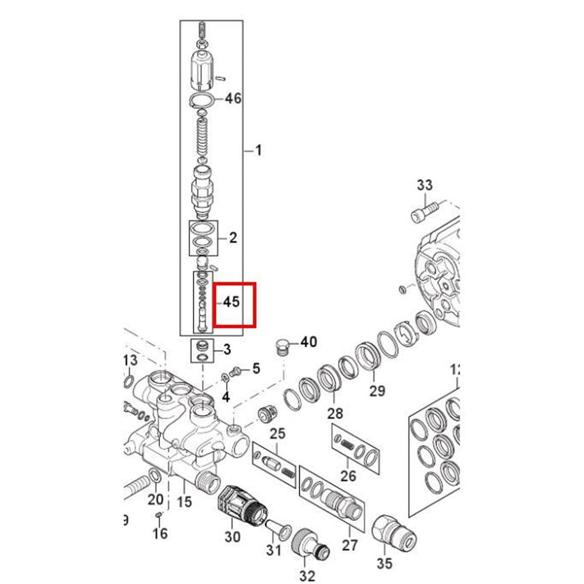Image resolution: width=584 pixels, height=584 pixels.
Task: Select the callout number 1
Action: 258,151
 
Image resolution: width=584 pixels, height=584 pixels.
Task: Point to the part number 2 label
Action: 233,238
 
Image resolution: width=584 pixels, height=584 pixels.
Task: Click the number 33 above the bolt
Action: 425,186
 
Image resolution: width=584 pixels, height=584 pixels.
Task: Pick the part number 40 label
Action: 308,342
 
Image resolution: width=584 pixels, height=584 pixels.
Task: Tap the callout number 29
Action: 377,390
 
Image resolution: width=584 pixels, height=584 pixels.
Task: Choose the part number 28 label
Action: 335,413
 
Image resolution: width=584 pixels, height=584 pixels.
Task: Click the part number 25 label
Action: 277,433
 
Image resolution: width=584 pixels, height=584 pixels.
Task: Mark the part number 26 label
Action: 348,476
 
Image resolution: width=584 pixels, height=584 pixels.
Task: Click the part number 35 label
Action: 385,563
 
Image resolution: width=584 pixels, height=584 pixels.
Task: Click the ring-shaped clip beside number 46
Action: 202,100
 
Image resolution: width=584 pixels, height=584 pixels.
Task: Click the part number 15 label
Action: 184,500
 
